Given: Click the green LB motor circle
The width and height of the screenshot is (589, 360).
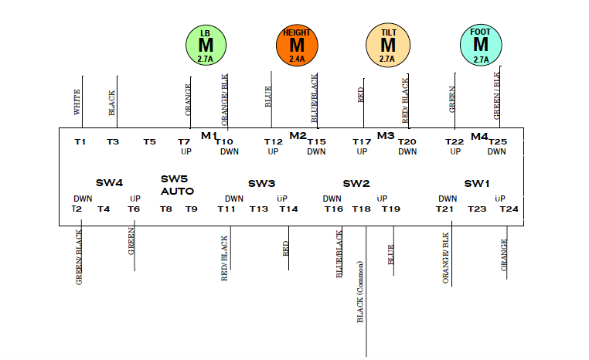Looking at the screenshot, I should tap(206, 45).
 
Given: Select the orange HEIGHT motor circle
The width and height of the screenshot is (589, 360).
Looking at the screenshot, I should tap(297, 45).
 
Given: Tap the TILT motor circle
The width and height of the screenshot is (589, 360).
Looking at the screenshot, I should tap(387, 45).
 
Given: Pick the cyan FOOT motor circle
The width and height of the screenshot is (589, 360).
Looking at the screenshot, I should tap(480, 45).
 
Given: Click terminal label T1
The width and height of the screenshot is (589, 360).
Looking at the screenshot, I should tap(80, 141).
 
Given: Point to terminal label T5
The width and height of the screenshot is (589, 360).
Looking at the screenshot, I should tap(150, 141).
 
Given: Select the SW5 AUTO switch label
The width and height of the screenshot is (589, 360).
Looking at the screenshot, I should tap(177, 185).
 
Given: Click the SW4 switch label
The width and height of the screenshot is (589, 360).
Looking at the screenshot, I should tap(109, 183).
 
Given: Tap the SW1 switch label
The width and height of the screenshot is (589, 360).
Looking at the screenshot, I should tap(477, 183).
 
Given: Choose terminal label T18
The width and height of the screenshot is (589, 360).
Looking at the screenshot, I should tap(361, 209).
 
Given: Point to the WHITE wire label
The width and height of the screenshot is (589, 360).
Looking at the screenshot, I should tap(77, 101).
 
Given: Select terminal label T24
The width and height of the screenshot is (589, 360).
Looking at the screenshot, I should tap(509, 209).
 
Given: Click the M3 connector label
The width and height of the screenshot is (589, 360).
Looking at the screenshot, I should tap(386, 136).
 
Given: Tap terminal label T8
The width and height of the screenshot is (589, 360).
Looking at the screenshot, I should tap(166, 209).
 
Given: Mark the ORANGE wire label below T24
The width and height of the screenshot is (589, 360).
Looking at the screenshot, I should tap(504, 256).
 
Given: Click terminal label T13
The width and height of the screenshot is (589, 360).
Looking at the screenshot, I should tap(259, 209).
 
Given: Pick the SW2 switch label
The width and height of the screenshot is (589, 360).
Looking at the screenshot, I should tap(356, 183).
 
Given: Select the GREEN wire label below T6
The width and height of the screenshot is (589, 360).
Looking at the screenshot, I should tap(131, 241).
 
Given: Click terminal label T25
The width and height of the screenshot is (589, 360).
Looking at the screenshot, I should tap(497, 141).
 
